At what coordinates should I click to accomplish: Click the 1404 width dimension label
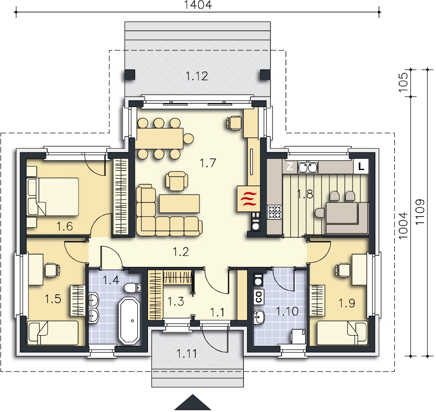pos(198,5)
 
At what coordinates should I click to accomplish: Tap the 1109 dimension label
pos(420,212)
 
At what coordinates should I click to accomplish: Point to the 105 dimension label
pos(403,83)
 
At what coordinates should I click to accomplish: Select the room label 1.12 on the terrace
pos(197,76)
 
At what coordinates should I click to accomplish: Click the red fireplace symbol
pos(248,199)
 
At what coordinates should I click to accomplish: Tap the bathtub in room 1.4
pos(129,321)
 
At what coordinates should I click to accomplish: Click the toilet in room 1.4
pos(133,288)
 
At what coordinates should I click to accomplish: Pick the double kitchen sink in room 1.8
pos(308,167)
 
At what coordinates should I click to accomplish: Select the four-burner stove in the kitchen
pos(275,212)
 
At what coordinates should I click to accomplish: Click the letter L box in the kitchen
pos(361,166)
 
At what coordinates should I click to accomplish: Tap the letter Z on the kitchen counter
pos(290,166)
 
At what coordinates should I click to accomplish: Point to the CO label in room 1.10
pos(259,297)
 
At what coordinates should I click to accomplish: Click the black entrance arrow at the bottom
pos(193,402)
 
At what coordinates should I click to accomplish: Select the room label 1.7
pos(208,163)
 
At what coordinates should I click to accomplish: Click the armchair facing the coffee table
pos(177,181)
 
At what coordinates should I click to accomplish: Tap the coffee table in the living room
pos(179,204)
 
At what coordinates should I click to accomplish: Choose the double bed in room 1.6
pos(53,197)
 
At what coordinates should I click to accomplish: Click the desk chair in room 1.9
pos(343,270)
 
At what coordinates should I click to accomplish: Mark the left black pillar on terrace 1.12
pos(130,74)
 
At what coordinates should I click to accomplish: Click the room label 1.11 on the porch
pos(186,354)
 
